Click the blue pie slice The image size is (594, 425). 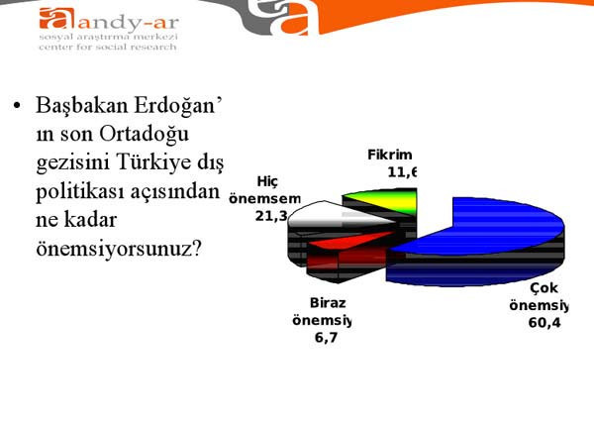(475, 233)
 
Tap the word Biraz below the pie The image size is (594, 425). (327, 303)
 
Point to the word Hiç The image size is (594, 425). (267, 180)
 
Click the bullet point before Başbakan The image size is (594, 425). (17, 105)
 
